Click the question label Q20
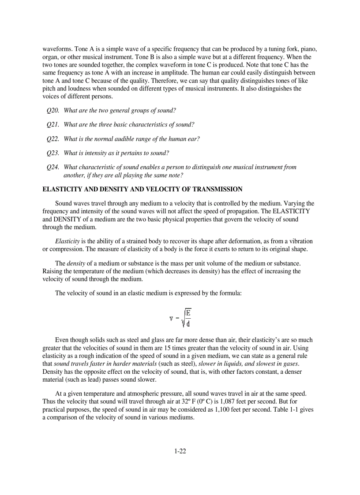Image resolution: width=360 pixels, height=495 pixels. tap(53, 111)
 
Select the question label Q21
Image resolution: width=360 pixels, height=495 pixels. tap(53, 125)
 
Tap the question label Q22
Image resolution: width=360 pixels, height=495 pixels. tap(53, 139)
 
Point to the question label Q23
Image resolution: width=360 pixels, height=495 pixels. tap(53, 153)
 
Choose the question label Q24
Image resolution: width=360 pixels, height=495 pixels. tap(53, 167)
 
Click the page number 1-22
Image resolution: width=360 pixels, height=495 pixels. tap(180, 451)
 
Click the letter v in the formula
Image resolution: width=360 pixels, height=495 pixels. tap(171, 318)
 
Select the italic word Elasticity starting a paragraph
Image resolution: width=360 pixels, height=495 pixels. tap(67, 241)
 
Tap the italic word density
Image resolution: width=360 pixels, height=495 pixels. tap(75, 264)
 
